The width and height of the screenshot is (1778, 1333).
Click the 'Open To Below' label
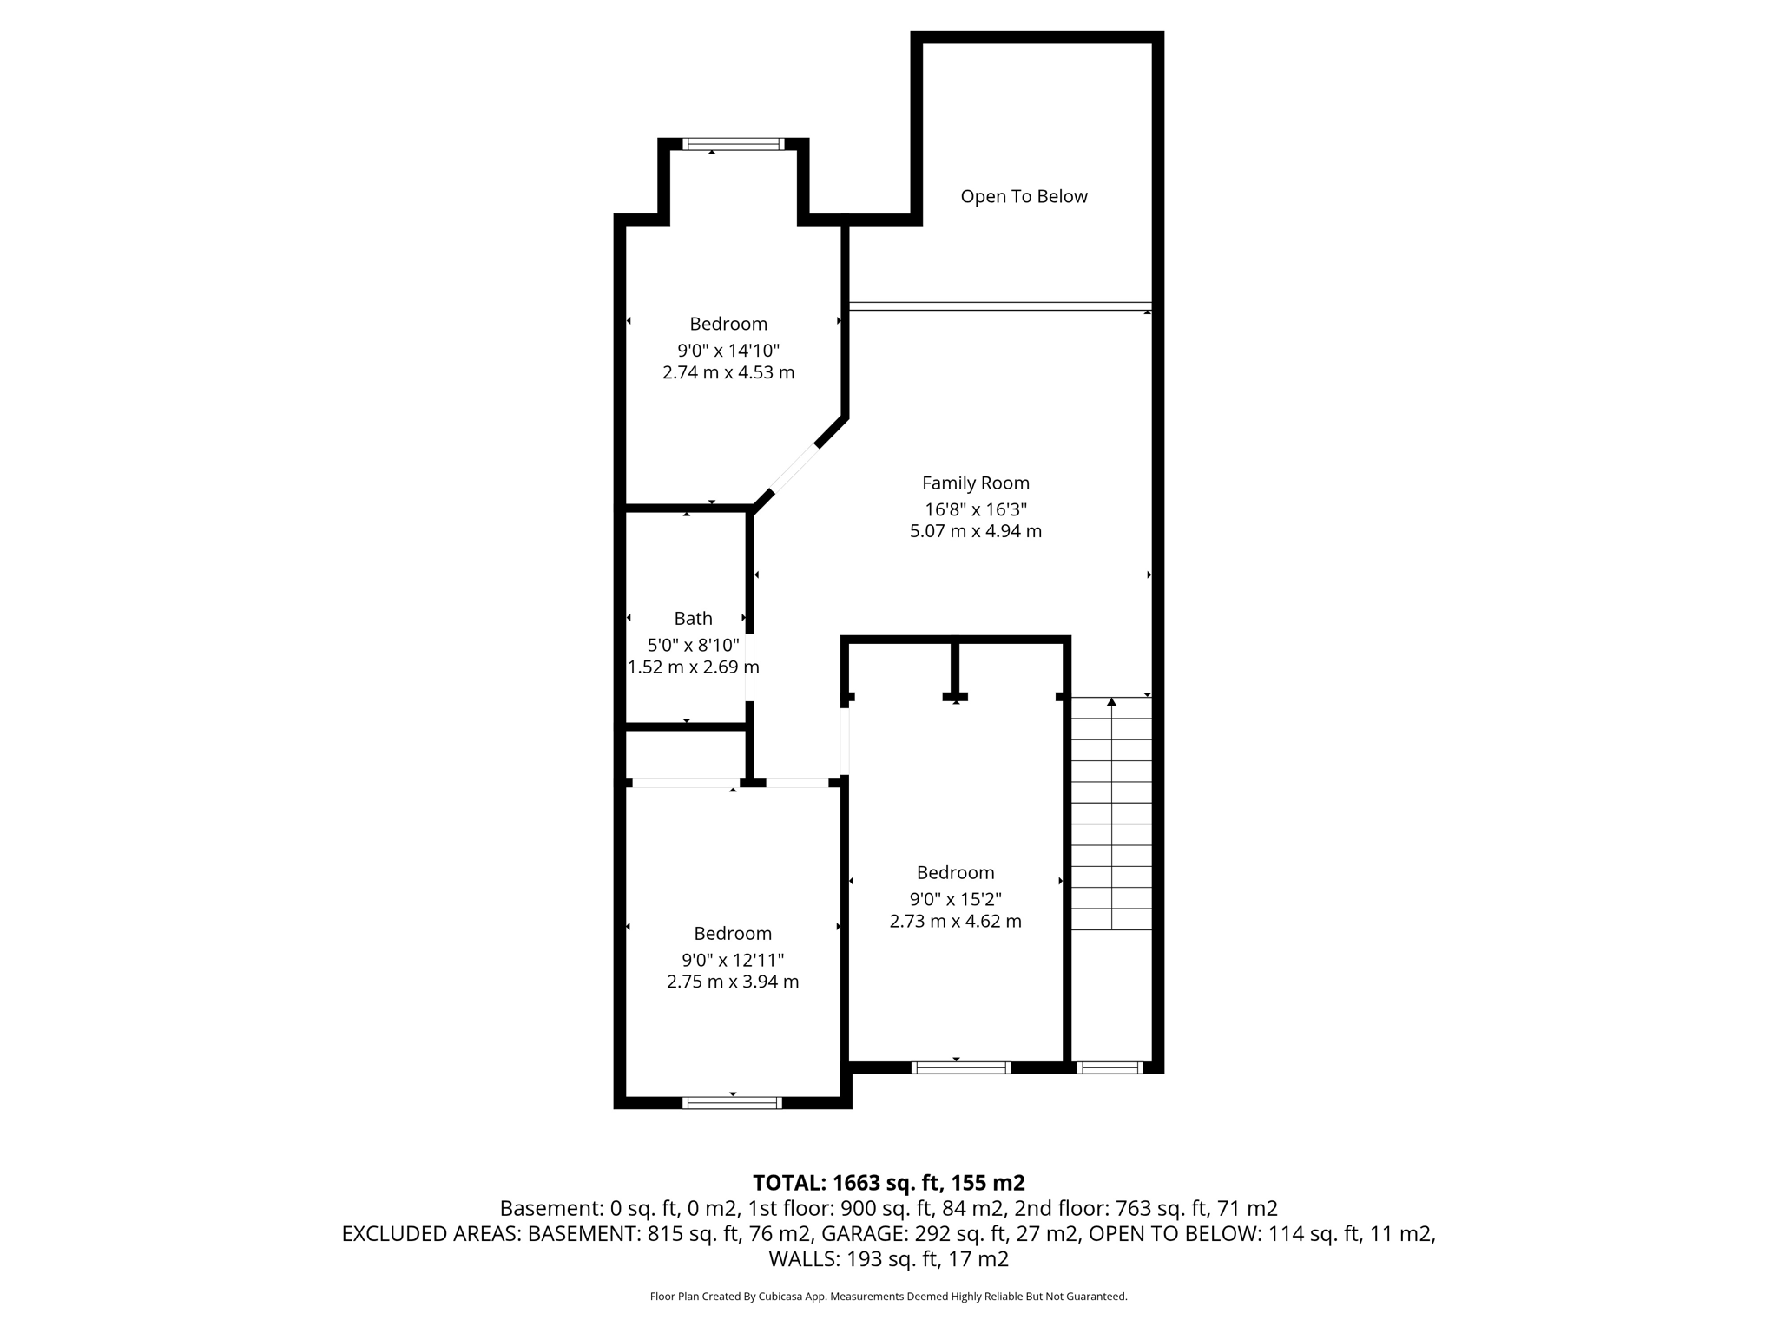pyautogui.click(x=1024, y=197)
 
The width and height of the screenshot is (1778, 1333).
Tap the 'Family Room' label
pyautogui.click(x=975, y=483)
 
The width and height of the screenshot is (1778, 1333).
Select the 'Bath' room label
pyautogui.click(x=693, y=619)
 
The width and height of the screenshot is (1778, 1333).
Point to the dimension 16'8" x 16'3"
pyautogui.click(x=975, y=510)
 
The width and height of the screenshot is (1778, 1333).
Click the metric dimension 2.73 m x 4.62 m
pyautogui.click(x=955, y=922)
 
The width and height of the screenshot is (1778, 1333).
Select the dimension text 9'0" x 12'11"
pyautogui.click(x=732, y=961)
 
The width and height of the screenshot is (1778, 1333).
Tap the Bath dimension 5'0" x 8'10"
pyautogui.click(x=693, y=646)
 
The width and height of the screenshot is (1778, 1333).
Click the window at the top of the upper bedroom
pyautogui.click(x=733, y=144)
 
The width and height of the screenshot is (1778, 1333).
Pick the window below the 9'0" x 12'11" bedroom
pyautogui.click(x=732, y=1103)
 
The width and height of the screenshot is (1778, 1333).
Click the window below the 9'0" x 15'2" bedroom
pyautogui.click(x=960, y=1067)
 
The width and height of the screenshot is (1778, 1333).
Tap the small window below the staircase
pyautogui.click(x=1109, y=1067)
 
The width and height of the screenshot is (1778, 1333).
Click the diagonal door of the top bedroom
pyautogui.click(x=794, y=470)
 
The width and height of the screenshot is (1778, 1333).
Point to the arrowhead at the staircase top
pyautogui.click(x=1111, y=702)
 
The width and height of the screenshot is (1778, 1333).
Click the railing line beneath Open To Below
pyautogui.click(x=998, y=305)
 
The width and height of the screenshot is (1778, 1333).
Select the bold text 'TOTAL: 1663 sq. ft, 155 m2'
pyautogui.click(x=888, y=1183)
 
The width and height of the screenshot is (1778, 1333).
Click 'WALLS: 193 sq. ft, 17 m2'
pyautogui.click(x=888, y=1259)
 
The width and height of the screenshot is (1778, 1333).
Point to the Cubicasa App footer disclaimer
pyautogui.click(x=888, y=1297)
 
